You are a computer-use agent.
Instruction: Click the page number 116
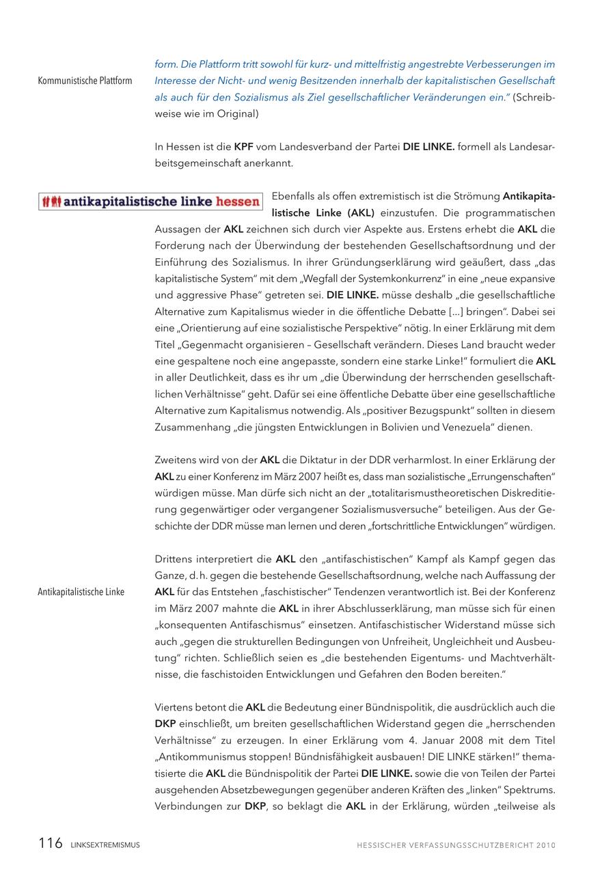51,843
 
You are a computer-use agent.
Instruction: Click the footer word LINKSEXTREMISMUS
105,845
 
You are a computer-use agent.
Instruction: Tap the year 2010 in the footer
546,845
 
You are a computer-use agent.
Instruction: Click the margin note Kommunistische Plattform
85,81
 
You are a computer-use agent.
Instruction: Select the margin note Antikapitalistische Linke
81,592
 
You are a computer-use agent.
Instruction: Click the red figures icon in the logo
51,202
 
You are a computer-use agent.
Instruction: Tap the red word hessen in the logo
237,202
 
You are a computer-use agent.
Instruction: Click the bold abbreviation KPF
243,147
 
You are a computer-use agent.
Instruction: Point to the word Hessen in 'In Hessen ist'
181,147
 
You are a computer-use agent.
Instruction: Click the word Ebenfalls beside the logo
295,196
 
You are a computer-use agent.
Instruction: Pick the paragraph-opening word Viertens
176,707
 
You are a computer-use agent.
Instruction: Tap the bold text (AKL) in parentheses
359,212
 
